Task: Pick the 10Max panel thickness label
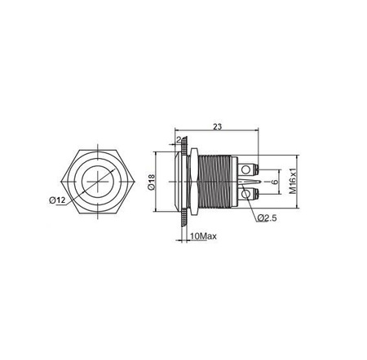point(203,236)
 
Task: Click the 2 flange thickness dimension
point(179,139)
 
